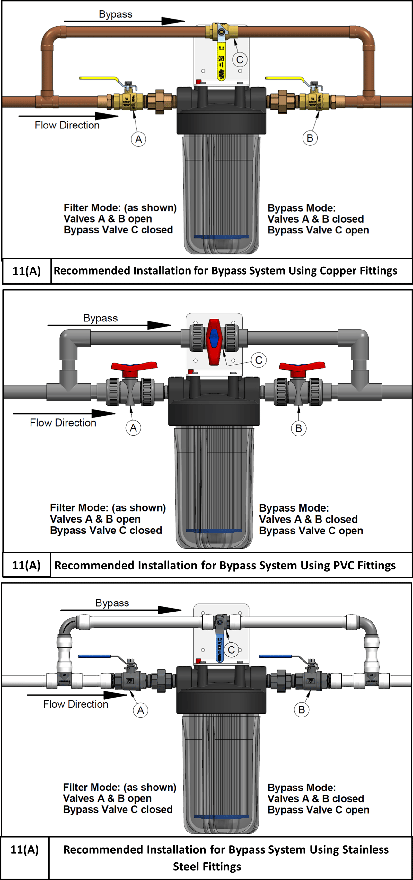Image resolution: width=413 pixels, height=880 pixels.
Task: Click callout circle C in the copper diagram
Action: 240,60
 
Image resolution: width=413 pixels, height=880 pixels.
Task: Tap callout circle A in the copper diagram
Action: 138,139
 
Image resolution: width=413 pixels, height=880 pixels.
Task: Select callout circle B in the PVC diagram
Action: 299,428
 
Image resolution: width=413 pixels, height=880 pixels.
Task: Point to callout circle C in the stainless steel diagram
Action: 232,649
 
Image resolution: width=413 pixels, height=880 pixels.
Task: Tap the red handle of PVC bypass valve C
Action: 214,341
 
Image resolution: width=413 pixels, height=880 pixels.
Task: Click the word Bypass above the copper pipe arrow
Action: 116,14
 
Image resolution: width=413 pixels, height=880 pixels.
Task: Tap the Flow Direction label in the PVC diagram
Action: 63,423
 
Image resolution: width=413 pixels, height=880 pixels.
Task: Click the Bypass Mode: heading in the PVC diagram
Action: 294,508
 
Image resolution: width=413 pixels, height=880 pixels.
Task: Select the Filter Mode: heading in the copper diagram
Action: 92,208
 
